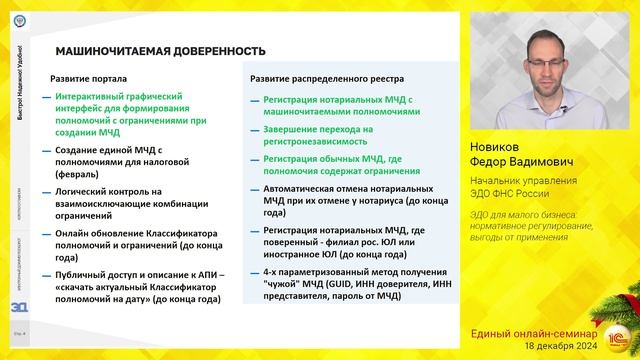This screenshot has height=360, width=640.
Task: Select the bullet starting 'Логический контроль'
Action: point(136,199)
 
